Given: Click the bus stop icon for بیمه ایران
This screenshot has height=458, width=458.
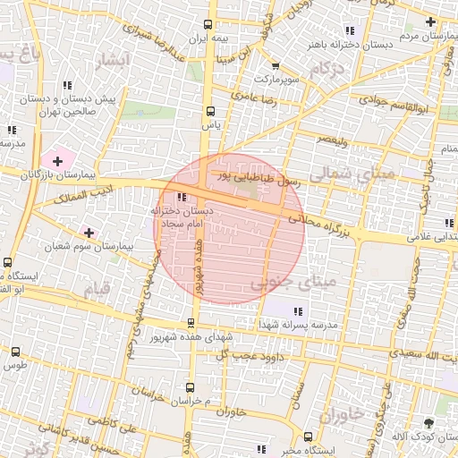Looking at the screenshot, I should pos(208,25).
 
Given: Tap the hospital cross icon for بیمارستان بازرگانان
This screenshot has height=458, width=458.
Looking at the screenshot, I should pos(58,161).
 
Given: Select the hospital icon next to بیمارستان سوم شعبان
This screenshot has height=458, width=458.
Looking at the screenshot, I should pos(89,233).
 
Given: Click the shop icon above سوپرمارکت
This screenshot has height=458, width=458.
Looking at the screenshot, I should pos(275,66).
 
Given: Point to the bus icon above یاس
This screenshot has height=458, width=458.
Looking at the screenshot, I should pos(211,112).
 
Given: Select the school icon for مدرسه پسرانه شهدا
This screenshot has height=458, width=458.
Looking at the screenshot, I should pos(298,311).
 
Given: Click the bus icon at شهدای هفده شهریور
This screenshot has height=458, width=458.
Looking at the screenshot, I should pos(191,323).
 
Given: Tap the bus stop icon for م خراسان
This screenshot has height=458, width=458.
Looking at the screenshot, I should pos(190,387).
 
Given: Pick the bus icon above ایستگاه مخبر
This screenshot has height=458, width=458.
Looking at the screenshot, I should pos(309,437).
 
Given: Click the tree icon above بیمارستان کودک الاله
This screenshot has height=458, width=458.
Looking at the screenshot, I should pos(430,422).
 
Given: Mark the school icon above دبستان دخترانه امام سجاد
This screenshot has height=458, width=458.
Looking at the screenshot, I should pos(182,197).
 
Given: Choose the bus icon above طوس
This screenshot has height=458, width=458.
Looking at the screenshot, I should pos(12,352).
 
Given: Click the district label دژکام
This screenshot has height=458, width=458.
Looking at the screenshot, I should pos(327,69).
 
